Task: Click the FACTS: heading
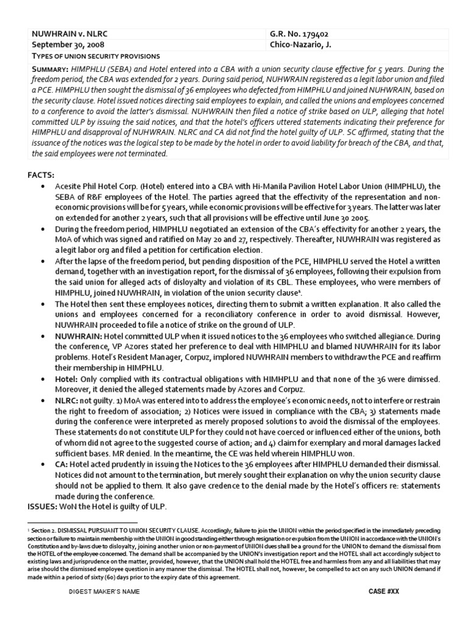click(x=41, y=174)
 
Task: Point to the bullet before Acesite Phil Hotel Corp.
click(x=42, y=186)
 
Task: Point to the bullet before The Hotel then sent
click(x=42, y=303)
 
